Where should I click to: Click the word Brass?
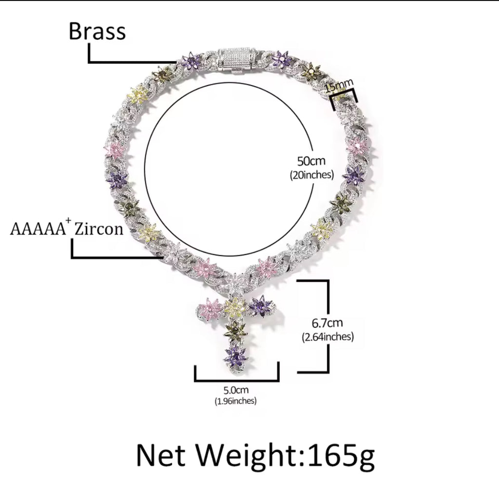click(97, 31)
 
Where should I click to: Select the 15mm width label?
click(339, 86)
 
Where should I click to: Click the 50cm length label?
click(311, 161)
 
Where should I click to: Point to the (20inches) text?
click(311, 174)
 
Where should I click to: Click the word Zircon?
click(98, 229)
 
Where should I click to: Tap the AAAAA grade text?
click(38, 229)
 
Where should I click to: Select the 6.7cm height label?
click(327, 323)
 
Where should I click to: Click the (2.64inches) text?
click(328, 337)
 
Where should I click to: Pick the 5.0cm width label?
click(236, 390)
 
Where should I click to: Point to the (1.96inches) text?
click(235, 401)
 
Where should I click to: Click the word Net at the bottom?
click(161, 455)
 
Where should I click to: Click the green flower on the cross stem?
click(235, 331)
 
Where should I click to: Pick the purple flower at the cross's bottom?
click(236, 357)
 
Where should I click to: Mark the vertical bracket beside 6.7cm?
click(328, 326)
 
